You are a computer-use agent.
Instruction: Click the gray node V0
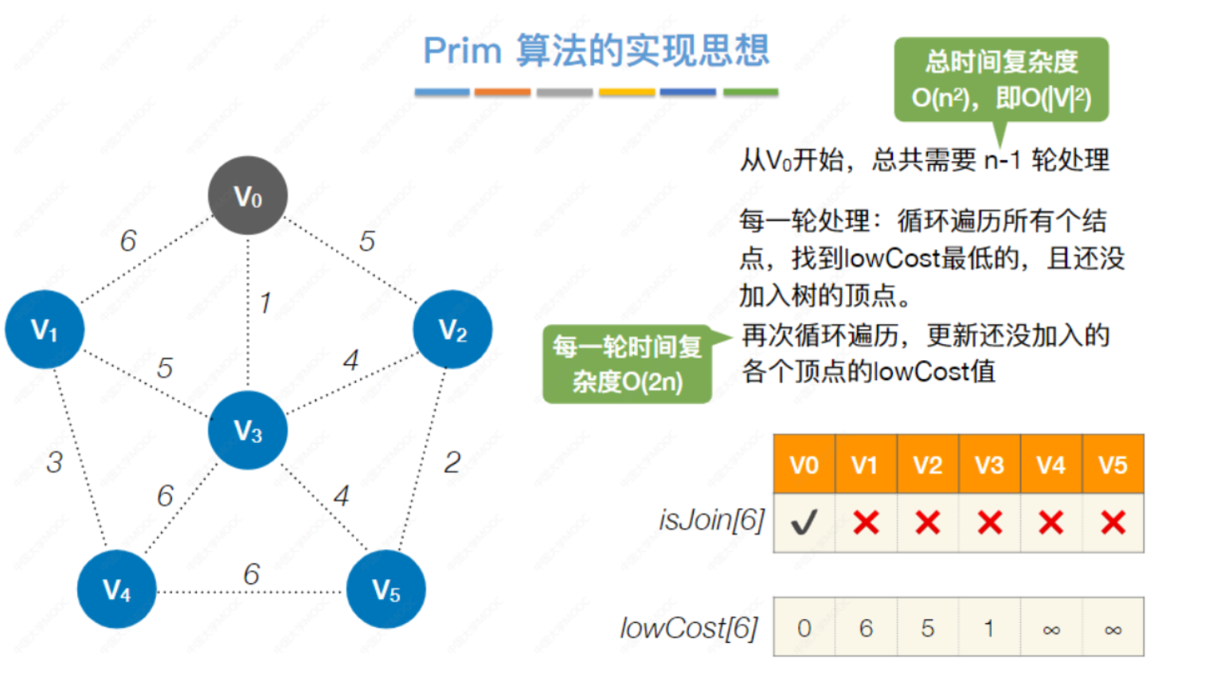point(248,195)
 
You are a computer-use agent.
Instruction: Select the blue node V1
point(45,329)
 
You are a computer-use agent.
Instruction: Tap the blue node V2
point(452,329)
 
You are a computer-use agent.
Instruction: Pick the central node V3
point(248,430)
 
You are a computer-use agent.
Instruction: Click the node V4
point(116,590)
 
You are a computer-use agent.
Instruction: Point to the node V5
point(386,590)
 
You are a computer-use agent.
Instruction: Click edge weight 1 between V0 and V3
point(265,303)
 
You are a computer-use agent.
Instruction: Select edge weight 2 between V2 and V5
point(452,462)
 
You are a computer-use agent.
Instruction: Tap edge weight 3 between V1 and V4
point(54,462)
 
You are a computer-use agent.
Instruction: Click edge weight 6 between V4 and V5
point(252,574)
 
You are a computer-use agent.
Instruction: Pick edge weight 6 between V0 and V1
point(128,241)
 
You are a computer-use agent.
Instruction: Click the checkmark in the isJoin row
point(804,523)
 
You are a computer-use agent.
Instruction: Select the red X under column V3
point(989,523)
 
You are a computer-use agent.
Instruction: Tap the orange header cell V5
point(1113,464)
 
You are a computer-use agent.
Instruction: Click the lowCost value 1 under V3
point(989,629)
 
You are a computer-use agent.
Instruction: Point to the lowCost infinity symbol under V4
point(1051,629)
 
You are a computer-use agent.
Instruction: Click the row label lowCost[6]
point(689,629)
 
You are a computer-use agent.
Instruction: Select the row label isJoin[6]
point(711,520)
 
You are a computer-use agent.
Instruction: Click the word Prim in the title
point(462,52)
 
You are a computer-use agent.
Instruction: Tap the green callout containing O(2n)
point(628,364)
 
